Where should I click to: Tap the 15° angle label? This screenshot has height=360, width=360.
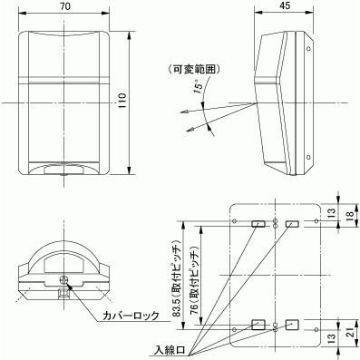click(x=199, y=88)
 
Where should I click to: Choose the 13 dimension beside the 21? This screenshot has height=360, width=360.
click(x=331, y=340)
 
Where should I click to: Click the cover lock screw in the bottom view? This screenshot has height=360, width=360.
click(x=63, y=280)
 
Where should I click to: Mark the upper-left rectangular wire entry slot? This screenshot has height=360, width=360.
click(x=258, y=223)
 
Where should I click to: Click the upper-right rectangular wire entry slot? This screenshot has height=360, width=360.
click(x=291, y=223)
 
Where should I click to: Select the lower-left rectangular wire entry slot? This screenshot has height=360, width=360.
click(x=258, y=324)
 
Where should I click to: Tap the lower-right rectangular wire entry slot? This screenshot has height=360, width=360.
click(x=291, y=324)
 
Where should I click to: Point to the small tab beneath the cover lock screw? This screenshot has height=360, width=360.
click(x=63, y=292)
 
